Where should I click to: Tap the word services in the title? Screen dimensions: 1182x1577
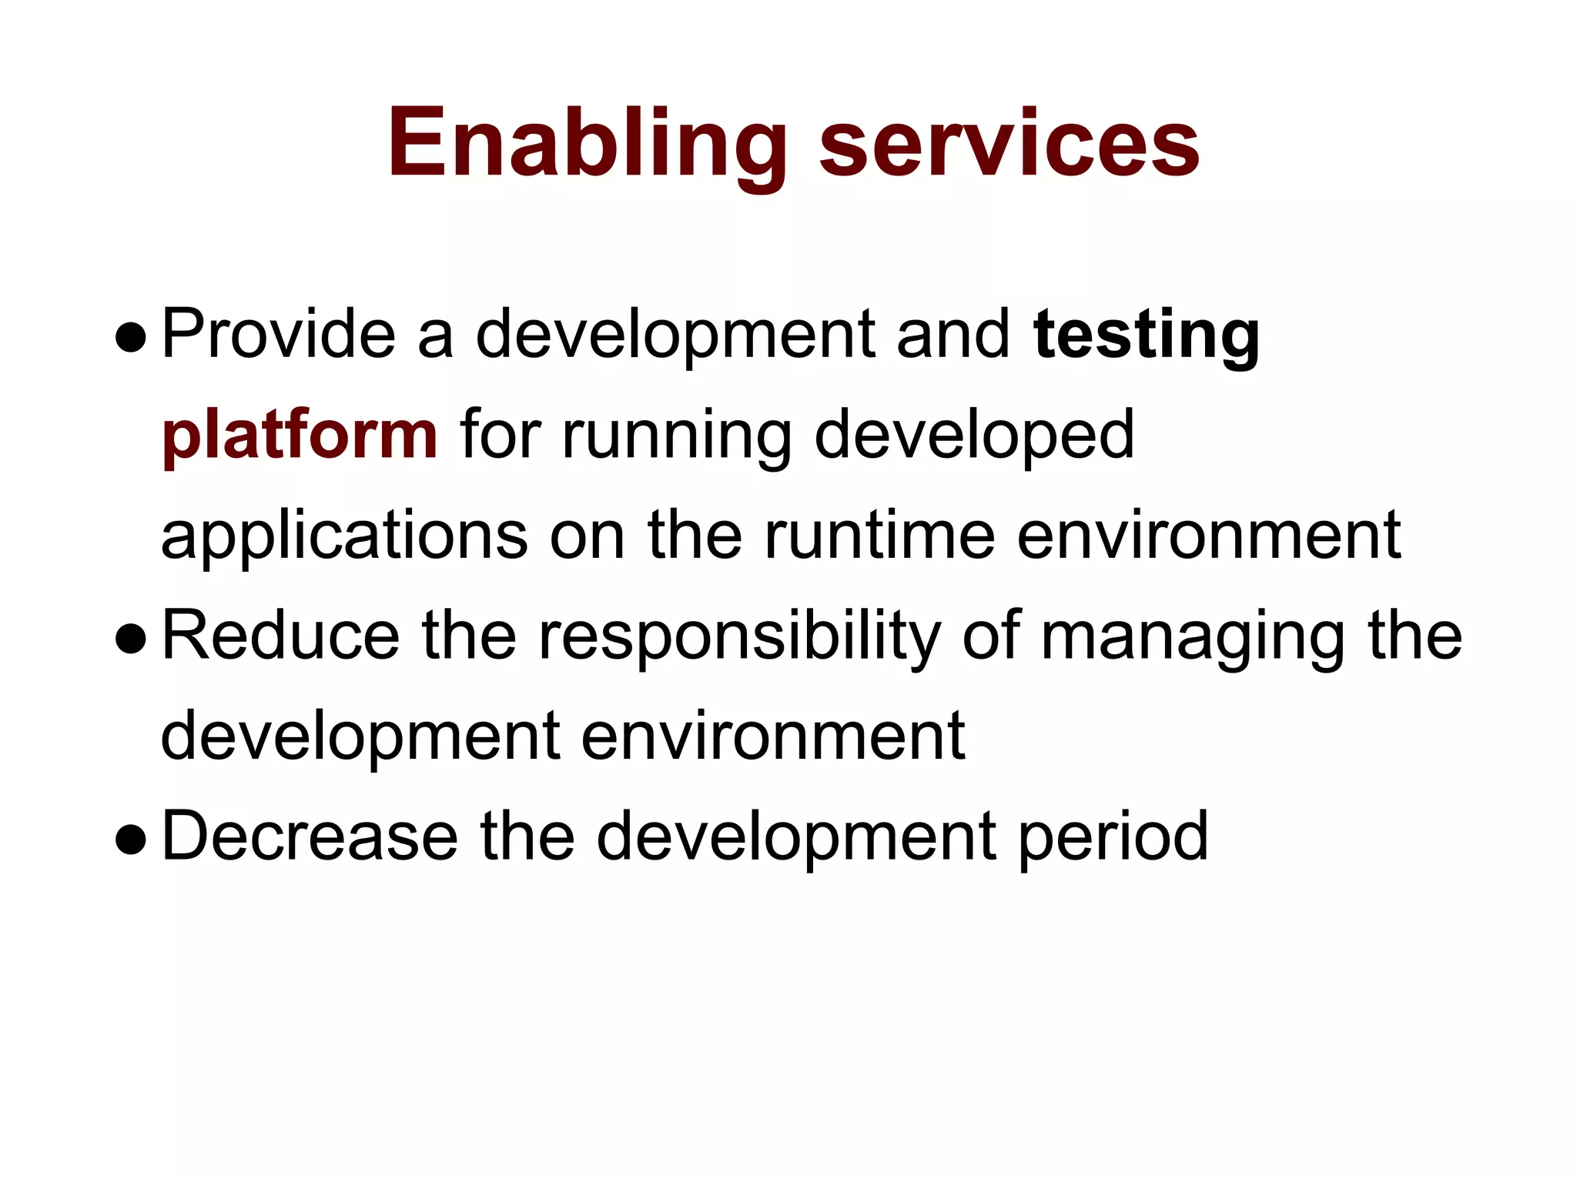coord(1009,145)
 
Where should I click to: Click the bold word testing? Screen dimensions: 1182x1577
coord(1147,336)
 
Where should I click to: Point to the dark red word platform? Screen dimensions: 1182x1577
coord(300,436)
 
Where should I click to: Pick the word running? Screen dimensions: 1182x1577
coord(677,436)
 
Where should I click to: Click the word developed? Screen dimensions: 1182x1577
coord(974,436)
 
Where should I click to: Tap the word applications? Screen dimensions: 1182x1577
coord(344,537)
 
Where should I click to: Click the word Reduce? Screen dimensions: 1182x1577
coord(280,636)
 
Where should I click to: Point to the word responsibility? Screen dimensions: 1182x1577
coord(739,638)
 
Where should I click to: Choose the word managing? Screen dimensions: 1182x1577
coord(1193,638)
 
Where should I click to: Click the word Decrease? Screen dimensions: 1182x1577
coord(310,836)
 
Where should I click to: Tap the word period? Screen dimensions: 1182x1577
coord(1114,838)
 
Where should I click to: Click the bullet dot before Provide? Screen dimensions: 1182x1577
coord(130,339)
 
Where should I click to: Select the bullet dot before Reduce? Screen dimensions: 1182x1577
coord(130,640)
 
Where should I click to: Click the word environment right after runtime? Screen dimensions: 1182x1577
coord(1208,536)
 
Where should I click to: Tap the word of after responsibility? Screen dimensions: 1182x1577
coord(991,636)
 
